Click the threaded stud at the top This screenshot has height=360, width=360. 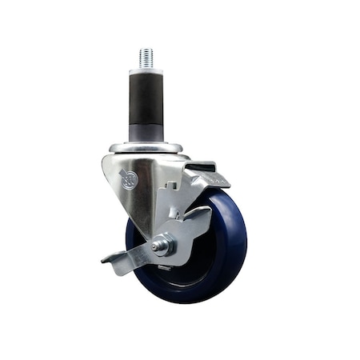pos(146,58)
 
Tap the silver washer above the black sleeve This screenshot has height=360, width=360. pos(146,70)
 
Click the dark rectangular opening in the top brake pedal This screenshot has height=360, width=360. pos(203,169)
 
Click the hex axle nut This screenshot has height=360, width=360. pos(163,246)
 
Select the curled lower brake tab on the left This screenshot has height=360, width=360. pos(112,261)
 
